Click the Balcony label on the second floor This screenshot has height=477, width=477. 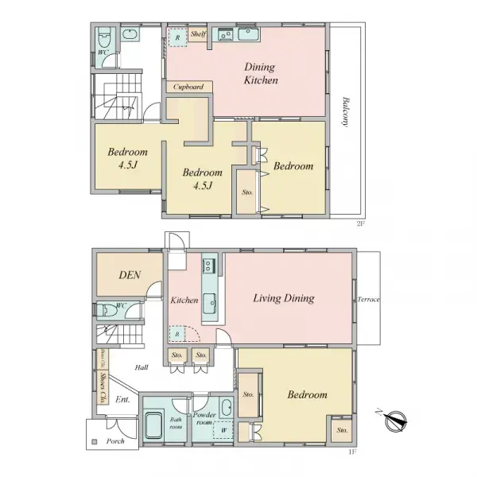click(346, 111)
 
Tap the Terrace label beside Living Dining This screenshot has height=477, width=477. click(369, 300)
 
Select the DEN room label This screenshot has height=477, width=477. click(130, 276)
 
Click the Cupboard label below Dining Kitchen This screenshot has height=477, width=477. click(189, 87)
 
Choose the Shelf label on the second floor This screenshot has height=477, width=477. click(198, 35)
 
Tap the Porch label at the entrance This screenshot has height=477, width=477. click(117, 442)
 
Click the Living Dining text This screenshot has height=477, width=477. click(284, 299)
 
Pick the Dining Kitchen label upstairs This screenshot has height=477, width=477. click(260, 75)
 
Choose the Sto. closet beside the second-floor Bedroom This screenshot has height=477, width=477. click(246, 192)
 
